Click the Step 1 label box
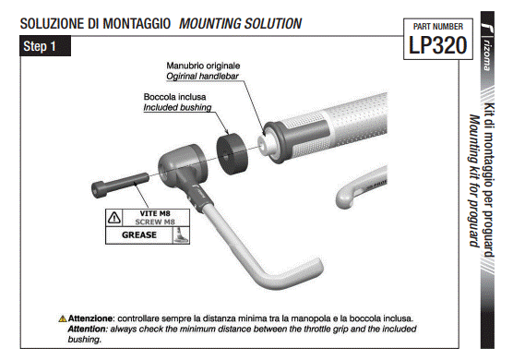tap(45, 46)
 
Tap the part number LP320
tap(437, 45)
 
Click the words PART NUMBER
tap(437, 27)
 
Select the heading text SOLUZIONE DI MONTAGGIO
tap(95, 24)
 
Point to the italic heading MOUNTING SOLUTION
tap(240, 24)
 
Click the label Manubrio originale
tap(203, 66)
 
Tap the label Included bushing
tap(177, 107)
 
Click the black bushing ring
tap(233, 154)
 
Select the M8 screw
tap(120, 186)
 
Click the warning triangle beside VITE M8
tap(114, 217)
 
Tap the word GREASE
tap(139, 235)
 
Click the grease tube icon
tap(181, 235)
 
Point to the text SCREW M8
tap(155, 222)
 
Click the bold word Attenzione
tap(90, 318)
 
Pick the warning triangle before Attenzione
tap(63, 318)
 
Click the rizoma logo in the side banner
tap(487, 46)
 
